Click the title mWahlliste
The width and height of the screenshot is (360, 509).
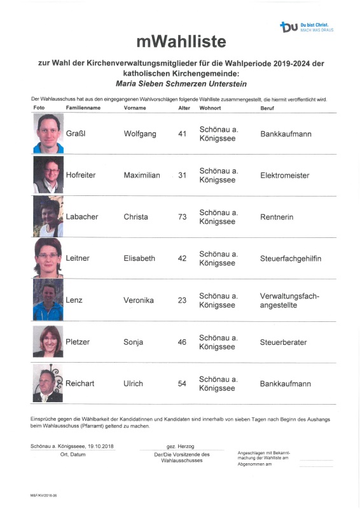(x=181, y=42)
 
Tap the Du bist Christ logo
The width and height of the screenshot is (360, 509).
(x=307, y=27)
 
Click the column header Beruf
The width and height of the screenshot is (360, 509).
(x=268, y=108)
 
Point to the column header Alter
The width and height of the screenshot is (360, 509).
(x=184, y=108)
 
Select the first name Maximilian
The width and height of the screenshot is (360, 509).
(x=141, y=175)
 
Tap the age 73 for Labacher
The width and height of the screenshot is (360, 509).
(x=182, y=217)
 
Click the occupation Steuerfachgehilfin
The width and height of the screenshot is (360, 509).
(x=291, y=259)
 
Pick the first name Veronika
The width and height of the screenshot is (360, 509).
(x=139, y=300)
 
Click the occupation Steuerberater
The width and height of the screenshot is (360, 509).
(x=284, y=342)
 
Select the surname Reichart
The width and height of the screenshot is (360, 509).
(x=80, y=384)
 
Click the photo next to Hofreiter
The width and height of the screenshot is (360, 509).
(x=48, y=175)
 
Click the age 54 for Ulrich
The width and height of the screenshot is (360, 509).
(x=182, y=384)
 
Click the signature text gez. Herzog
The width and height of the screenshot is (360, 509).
(x=181, y=446)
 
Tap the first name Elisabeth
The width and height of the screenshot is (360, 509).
(x=139, y=259)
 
